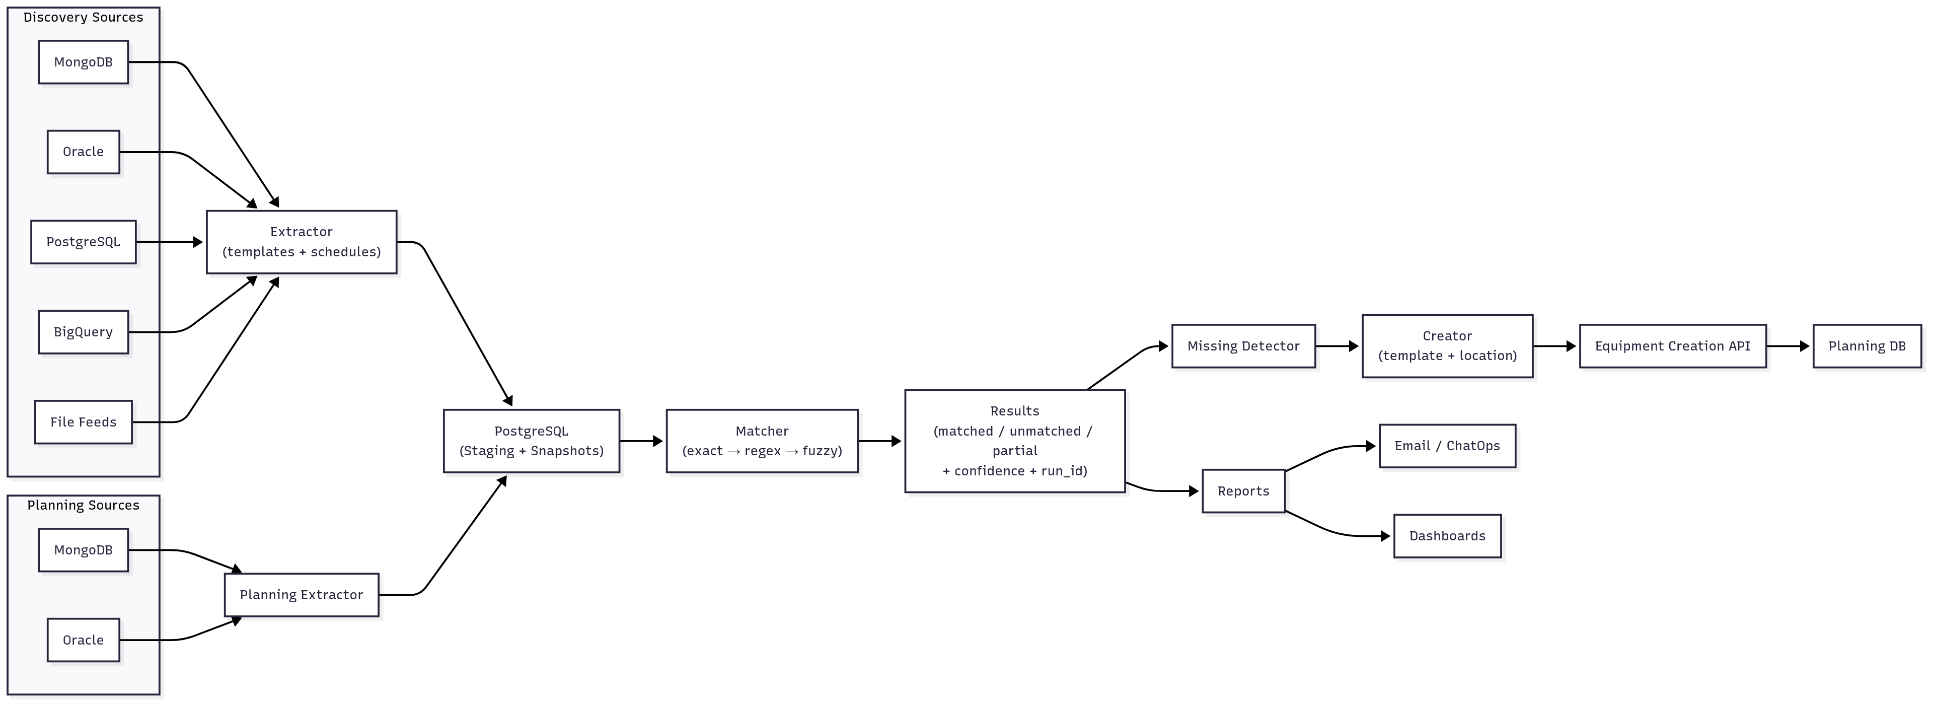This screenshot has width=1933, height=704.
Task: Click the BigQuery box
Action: click(x=83, y=332)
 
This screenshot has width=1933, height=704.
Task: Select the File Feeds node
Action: click(x=83, y=422)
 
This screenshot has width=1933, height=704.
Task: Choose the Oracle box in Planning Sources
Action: click(x=83, y=640)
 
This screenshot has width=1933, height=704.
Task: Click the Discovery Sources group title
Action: click(x=83, y=17)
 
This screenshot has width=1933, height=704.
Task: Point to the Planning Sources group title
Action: click(x=83, y=505)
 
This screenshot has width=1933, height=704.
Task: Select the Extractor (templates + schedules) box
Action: click(x=301, y=242)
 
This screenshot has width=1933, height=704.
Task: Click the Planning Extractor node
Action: click(x=301, y=594)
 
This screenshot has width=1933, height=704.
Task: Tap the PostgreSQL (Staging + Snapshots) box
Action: click(x=531, y=441)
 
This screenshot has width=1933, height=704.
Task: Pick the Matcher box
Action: click(x=762, y=441)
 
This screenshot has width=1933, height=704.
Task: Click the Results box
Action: click(x=1014, y=441)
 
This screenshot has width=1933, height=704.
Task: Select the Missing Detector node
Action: click(x=1243, y=346)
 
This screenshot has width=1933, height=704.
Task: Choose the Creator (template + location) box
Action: click(x=1447, y=346)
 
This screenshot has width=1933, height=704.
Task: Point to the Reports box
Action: click(x=1243, y=491)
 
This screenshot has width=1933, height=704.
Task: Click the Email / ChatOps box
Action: click(x=1447, y=446)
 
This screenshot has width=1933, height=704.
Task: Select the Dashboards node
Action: click(x=1447, y=536)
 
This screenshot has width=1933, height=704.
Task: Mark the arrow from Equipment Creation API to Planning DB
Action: click(x=1788, y=346)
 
